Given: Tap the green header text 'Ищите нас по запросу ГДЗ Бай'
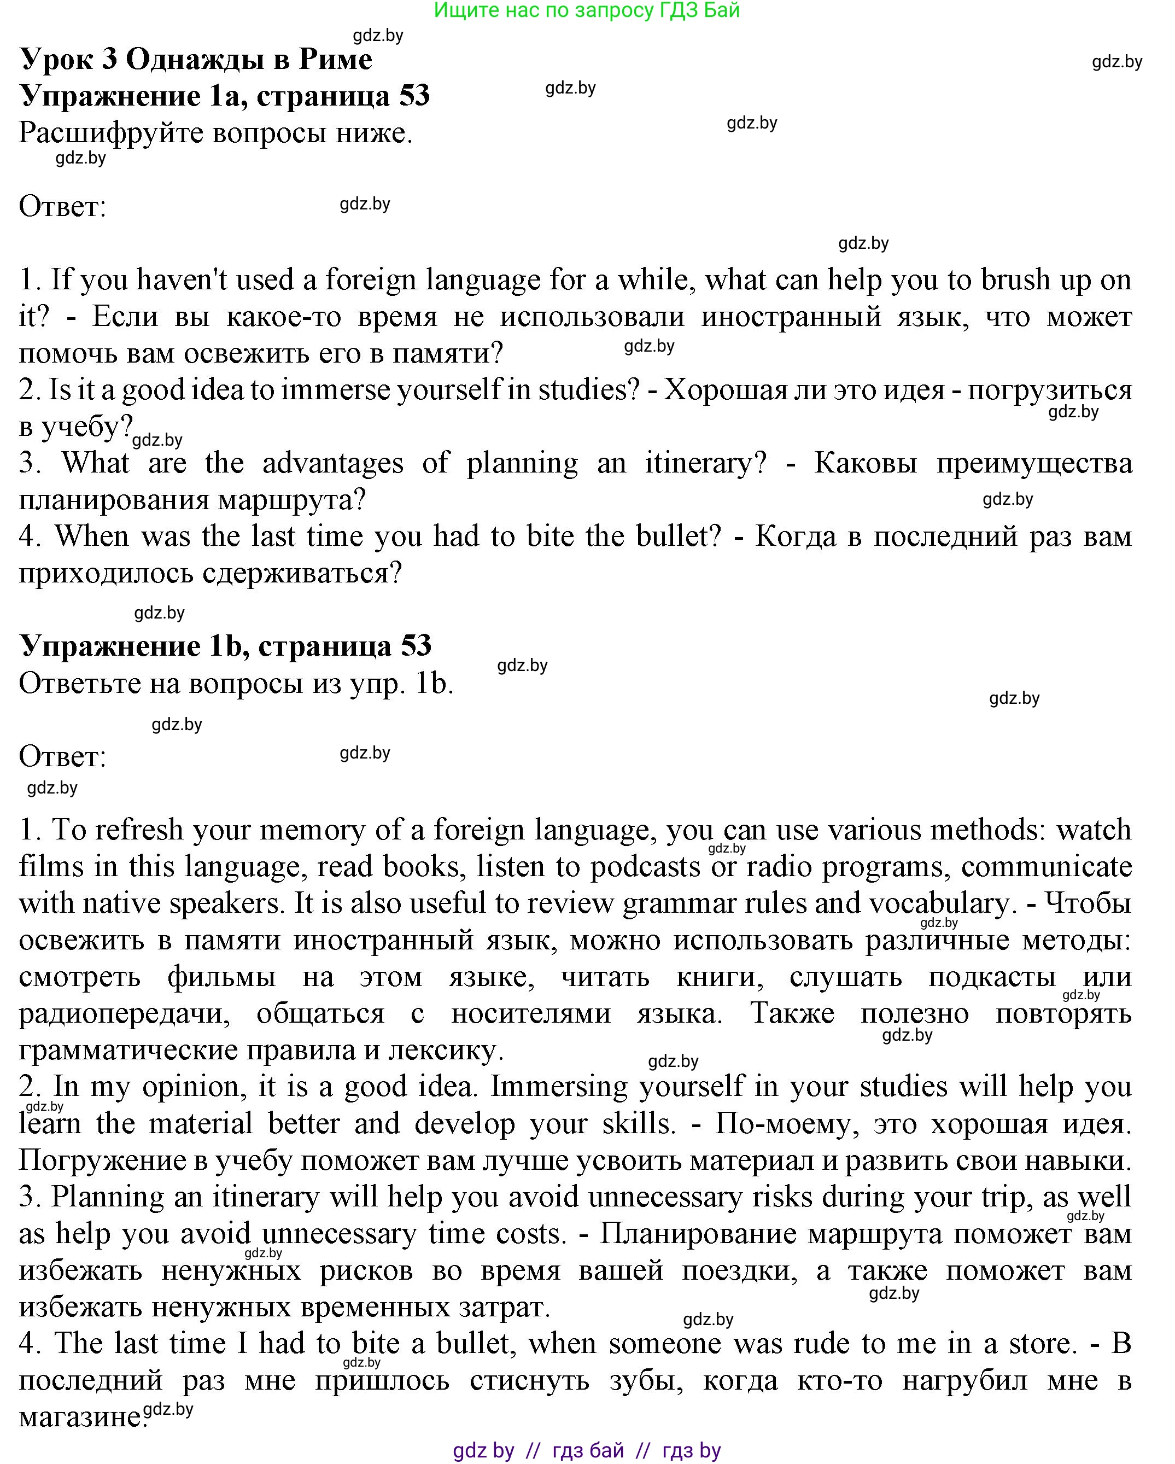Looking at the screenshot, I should click(587, 10).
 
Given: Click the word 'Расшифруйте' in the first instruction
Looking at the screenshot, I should click(110, 133).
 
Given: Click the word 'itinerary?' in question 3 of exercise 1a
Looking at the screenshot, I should click(705, 463).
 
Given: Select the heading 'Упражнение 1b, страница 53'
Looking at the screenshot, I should click(225, 646).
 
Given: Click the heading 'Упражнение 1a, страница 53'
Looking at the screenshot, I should click(225, 96).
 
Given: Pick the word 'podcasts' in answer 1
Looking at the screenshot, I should click(645, 867).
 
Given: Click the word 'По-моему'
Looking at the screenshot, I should click(787, 1124).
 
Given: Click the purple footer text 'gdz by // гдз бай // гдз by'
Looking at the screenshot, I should click(587, 1451).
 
